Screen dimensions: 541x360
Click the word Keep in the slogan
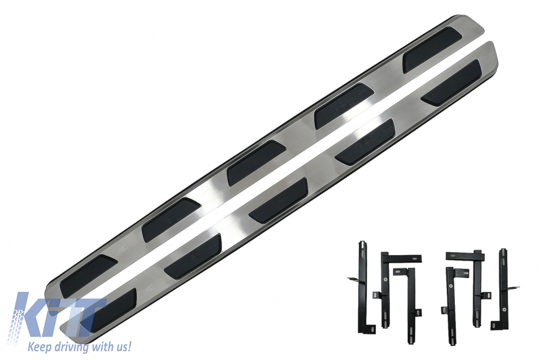(x=39, y=346)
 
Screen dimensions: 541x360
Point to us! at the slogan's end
(x=124, y=346)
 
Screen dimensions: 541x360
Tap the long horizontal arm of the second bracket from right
(x=465, y=256)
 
